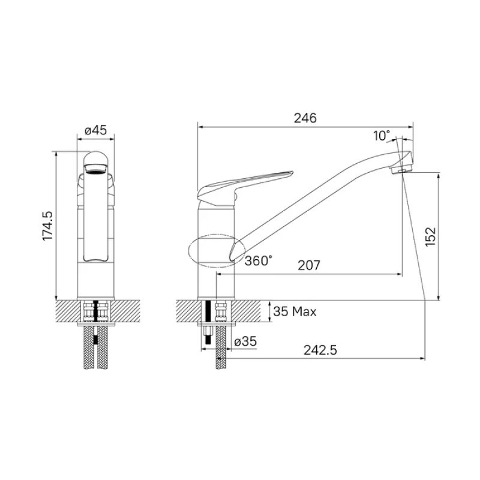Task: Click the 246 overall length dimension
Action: pos(305,118)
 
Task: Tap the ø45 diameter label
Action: pos(96,130)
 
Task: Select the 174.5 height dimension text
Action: pos(47,226)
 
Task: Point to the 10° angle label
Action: pos(382,136)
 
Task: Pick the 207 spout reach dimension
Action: pos(307,265)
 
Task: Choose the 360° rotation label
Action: pos(259,260)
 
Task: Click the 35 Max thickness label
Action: pos(295,311)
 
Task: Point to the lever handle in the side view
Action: pos(246,184)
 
